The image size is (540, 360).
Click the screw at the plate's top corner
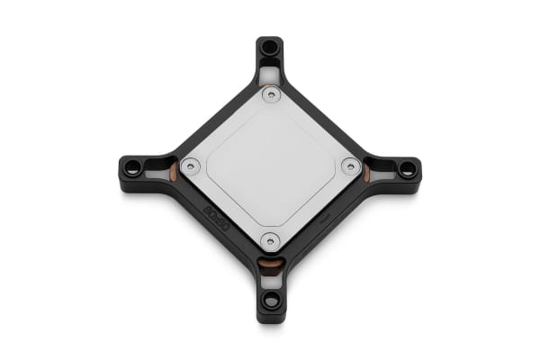point(270,94)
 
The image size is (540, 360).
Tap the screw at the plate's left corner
point(191,166)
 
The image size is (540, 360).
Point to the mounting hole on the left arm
point(132,167)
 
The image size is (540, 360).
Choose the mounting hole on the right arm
point(407,167)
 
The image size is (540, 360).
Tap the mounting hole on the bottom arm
point(270,299)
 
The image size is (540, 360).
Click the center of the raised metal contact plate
point(270,167)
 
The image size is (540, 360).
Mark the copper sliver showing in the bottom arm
point(270,264)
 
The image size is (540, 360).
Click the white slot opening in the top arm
point(270,72)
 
